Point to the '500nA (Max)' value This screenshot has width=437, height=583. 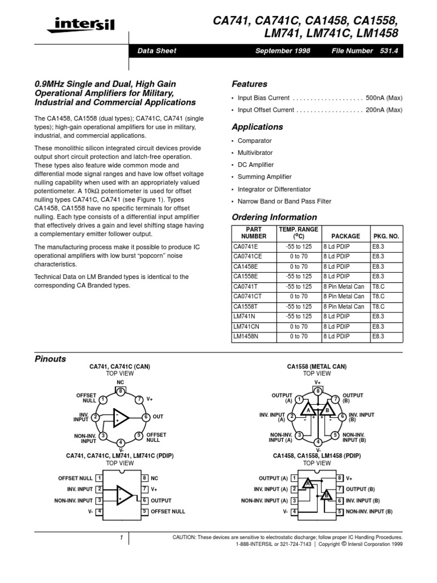pos(384,98)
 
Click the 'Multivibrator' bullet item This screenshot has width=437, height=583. pos(255,153)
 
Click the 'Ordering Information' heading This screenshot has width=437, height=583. pos(274,217)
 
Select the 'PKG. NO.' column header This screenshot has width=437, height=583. pos(386,236)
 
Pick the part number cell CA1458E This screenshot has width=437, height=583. pos(246,266)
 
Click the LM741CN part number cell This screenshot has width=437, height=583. pos(246,326)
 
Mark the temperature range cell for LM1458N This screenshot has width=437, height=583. pos(299,336)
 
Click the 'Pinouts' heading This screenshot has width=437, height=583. pos(50,359)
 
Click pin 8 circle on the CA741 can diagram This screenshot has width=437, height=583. pos(120,391)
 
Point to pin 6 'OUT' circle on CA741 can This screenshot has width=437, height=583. pos(146,417)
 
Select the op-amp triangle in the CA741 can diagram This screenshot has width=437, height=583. pos(121,417)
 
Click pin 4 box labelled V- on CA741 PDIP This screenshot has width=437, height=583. pos(100,511)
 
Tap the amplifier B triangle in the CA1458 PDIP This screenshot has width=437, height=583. pos(327,495)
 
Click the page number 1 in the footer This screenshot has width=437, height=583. pos(121,537)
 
